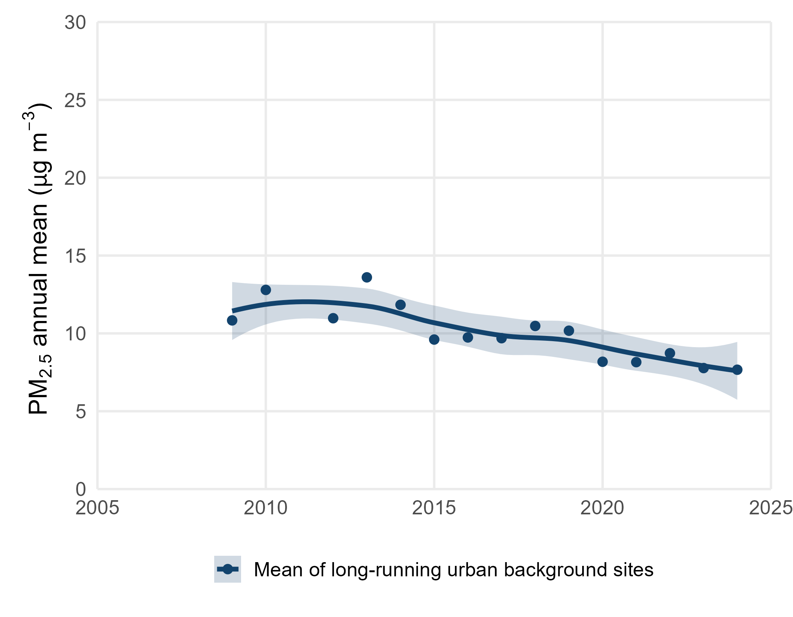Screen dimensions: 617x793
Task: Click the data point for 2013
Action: (366, 277)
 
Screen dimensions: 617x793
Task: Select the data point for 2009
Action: (232, 320)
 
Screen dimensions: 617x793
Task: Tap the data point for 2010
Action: (266, 290)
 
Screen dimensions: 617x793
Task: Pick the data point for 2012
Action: (333, 318)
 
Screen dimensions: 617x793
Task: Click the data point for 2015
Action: (434, 339)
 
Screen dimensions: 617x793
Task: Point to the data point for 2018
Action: (535, 326)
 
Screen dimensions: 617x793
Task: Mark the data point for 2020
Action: (602, 362)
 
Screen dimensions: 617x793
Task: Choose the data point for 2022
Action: (670, 353)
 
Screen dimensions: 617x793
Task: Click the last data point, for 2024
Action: (737, 370)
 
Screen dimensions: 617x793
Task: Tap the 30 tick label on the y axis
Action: (75, 23)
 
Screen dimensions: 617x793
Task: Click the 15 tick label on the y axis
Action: (75, 256)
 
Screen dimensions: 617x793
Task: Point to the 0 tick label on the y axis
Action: (81, 489)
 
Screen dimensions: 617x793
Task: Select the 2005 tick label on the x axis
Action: (97, 508)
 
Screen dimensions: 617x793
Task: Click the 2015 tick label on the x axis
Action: (434, 508)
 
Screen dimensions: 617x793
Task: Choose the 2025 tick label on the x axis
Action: (770, 508)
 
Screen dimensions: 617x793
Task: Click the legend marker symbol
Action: (227, 569)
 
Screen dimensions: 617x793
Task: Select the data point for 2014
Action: (400, 305)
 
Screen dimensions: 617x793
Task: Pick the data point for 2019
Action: (569, 330)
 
